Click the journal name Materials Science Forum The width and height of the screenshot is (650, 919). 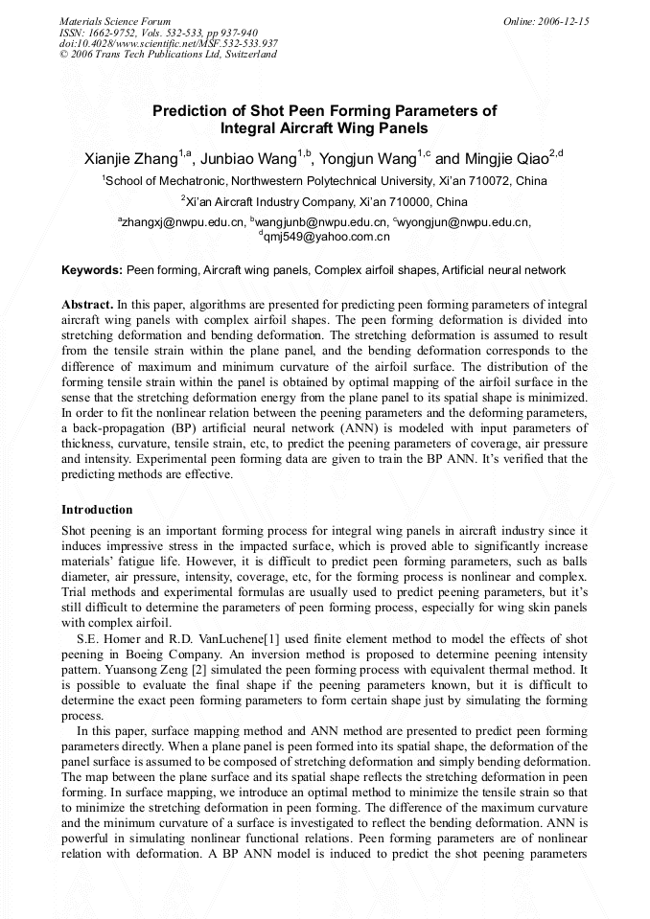(x=115, y=21)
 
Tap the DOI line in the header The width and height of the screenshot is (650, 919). (x=169, y=43)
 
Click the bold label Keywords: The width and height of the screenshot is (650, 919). (x=92, y=270)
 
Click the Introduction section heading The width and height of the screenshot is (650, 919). (x=97, y=510)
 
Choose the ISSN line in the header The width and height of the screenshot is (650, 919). (x=158, y=32)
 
